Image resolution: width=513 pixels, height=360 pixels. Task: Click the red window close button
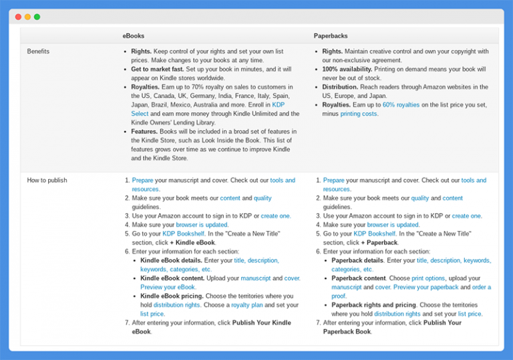[18, 17]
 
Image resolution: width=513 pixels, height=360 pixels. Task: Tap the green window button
[37, 17]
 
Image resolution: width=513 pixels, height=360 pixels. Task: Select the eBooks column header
[133, 35]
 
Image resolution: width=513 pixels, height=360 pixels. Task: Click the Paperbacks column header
[331, 35]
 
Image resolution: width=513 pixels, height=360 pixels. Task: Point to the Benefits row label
[38, 51]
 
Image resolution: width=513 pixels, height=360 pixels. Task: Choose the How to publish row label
[47, 180]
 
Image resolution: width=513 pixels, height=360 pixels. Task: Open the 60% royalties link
[401, 105]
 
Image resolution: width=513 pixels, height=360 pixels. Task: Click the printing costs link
[359, 114]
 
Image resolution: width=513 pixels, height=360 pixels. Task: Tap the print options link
[428, 278]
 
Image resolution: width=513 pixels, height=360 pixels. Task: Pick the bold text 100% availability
[347, 69]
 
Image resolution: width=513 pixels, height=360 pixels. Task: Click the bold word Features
[144, 132]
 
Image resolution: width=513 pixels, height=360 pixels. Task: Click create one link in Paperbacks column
[466, 216]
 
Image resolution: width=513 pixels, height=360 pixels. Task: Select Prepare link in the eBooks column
[142, 180]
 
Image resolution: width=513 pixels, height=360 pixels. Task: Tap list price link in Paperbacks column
[470, 314]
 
